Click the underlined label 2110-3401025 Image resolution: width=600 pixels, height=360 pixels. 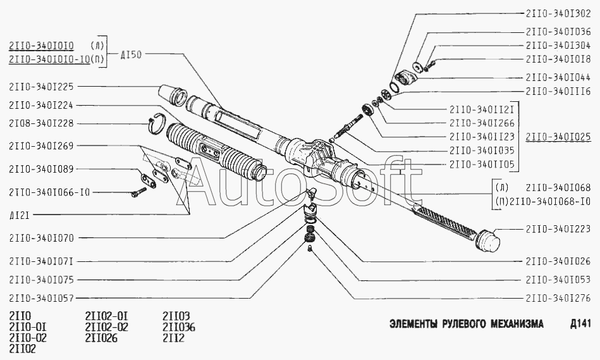click(558, 135)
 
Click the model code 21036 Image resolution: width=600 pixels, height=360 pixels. click(179, 327)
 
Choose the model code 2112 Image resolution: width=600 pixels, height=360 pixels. click(173, 337)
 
